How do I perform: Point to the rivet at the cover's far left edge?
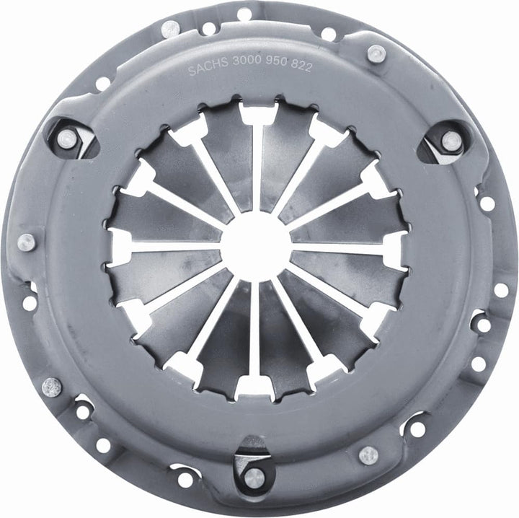[x=26, y=242]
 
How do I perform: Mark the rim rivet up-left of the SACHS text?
[x=170, y=30]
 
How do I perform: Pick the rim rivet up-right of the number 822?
[x=375, y=53]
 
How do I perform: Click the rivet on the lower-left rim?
[x=52, y=387]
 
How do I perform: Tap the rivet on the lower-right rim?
[x=368, y=455]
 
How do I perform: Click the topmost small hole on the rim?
[x=244, y=13]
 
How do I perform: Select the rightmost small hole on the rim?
[x=500, y=289]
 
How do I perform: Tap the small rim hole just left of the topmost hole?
[x=208, y=29]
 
